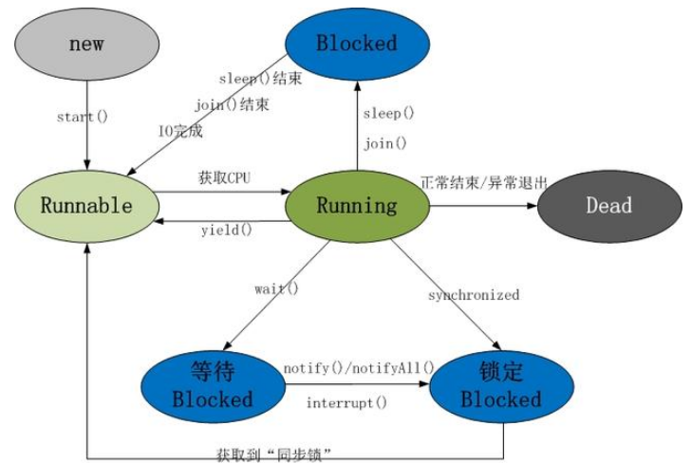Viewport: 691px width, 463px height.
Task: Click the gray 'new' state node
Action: [86, 45]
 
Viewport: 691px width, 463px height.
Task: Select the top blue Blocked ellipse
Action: [356, 43]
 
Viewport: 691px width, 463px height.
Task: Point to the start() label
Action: [83, 117]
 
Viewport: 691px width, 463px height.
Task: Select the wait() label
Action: [276, 287]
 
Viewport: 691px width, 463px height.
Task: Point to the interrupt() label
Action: [346, 403]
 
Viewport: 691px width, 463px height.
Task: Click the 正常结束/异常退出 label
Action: [483, 181]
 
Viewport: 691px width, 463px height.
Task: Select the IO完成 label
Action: [181, 131]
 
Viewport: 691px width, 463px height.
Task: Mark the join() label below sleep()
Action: [384, 144]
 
